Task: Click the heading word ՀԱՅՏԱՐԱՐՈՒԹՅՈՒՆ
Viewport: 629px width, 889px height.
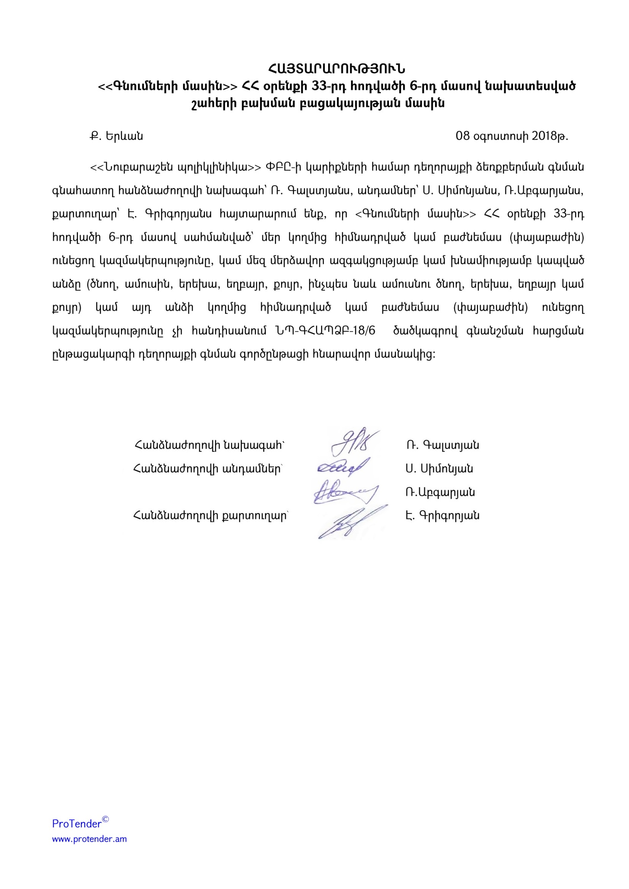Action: click(x=337, y=69)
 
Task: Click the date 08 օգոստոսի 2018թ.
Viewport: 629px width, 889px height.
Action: click(x=511, y=136)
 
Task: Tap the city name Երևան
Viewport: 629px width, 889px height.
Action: click(x=124, y=136)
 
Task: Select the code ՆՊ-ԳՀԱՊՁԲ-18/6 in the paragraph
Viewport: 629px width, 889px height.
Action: click(x=326, y=331)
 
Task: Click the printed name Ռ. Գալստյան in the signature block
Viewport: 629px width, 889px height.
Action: click(x=442, y=445)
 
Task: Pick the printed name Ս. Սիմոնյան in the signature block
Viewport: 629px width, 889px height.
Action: click(x=439, y=469)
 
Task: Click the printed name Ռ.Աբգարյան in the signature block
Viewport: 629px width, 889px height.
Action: click(x=440, y=492)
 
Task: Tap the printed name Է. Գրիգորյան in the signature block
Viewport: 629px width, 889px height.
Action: click(x=442, y=515)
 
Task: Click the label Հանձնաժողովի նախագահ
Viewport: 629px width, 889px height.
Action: click(x=209, y=445)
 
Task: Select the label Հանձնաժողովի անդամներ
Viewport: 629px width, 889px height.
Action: click(x=208, y=469)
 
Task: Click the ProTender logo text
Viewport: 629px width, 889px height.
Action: click(x=77, y=824)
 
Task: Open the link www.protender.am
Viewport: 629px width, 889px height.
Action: click(x=89, y=839)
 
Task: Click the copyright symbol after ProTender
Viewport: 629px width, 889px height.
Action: click(x=105, y=819)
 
